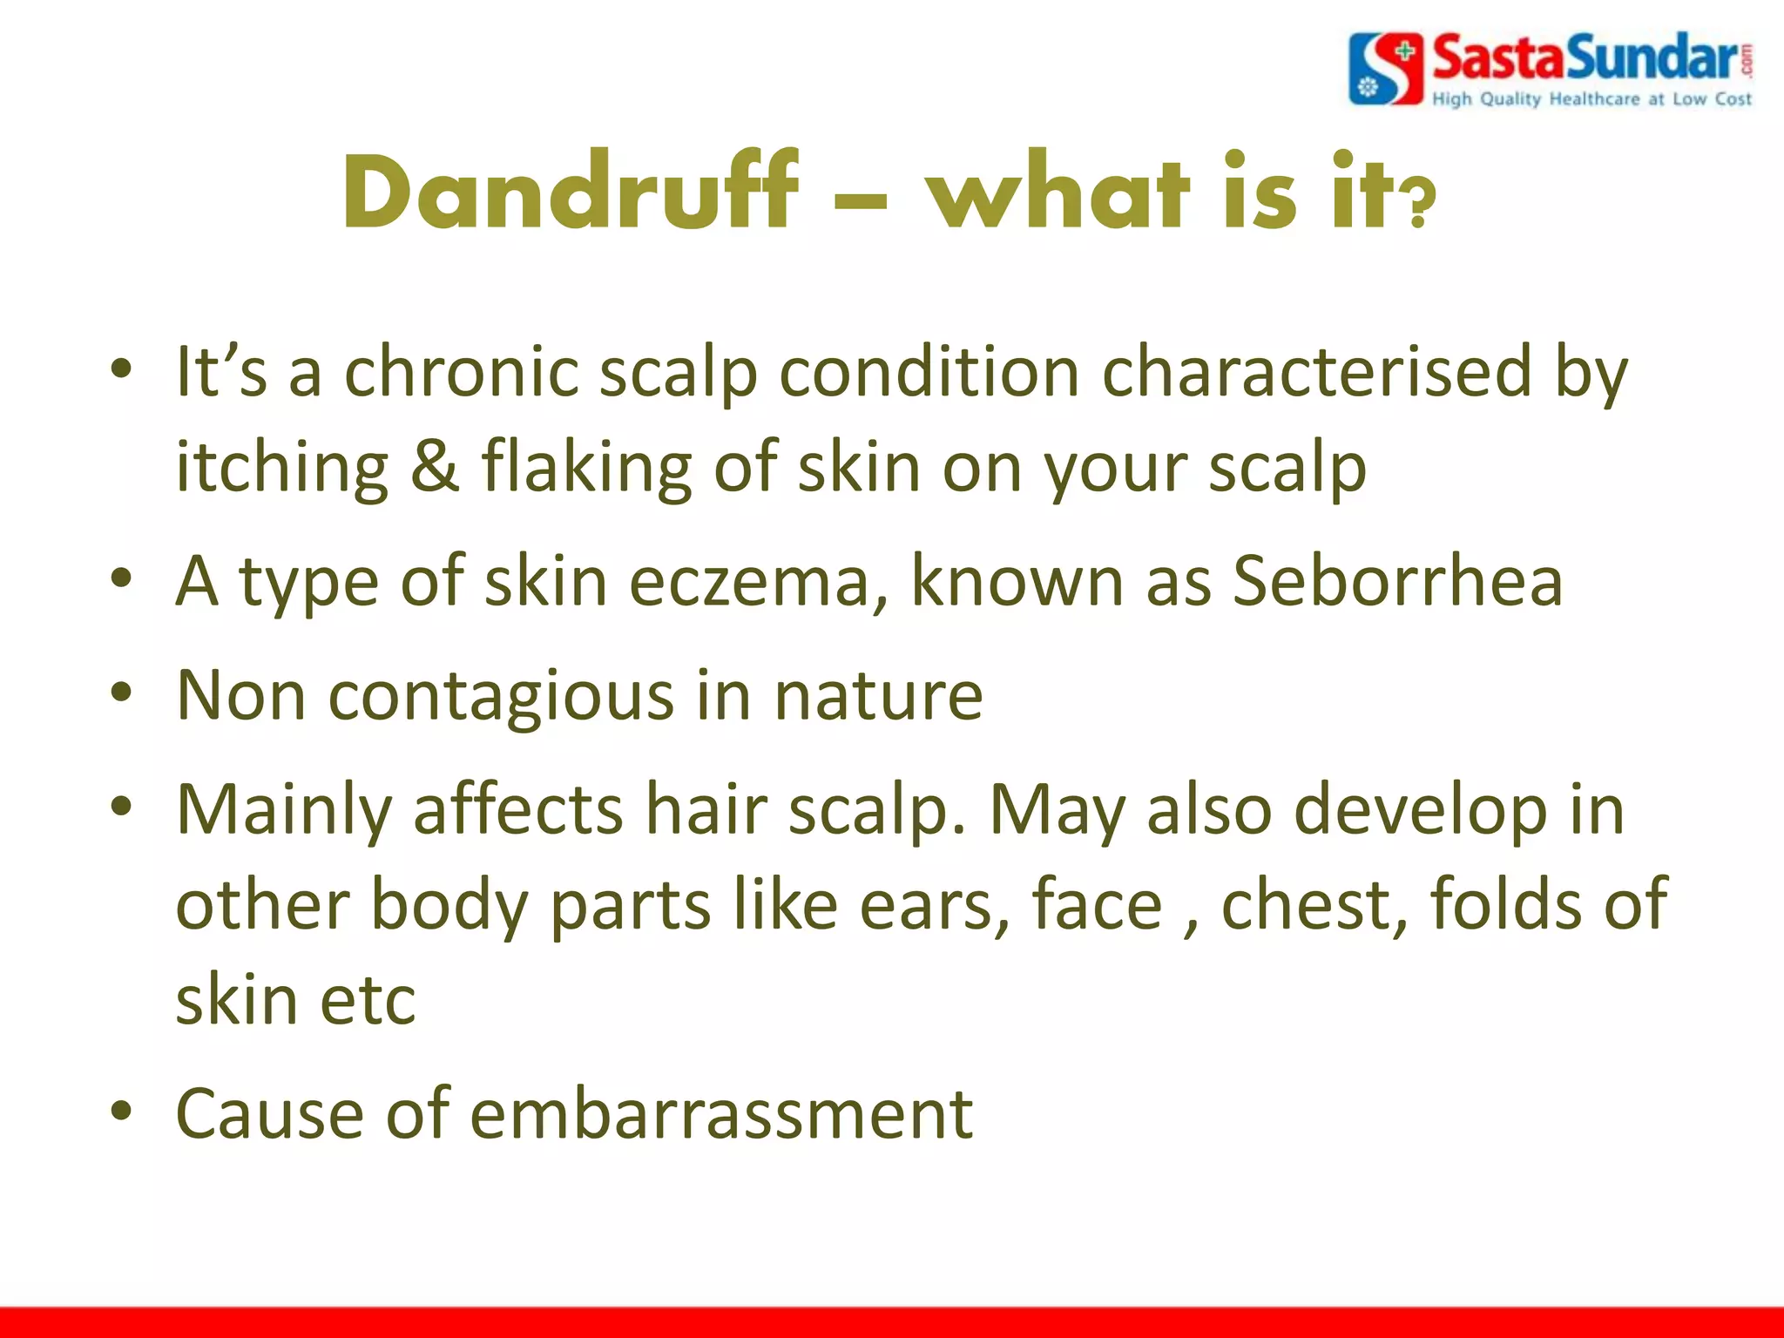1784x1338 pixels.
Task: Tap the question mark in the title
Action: click(1418, 203)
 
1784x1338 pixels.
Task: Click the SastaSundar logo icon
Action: click(1385, 69)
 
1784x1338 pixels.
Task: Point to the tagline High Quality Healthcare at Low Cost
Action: click(1591, 99)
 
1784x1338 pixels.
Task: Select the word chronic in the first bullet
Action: click(462, 373)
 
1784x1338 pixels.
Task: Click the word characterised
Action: click(1316, 373)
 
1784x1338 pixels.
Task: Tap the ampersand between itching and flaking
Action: click(434, 467)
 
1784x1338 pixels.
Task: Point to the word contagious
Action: click(501, 697)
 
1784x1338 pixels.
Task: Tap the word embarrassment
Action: click(721, 1114)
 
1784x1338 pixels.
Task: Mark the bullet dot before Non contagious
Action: click(122, 693)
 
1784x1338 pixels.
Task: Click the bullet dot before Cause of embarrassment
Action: click(122, 1111)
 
